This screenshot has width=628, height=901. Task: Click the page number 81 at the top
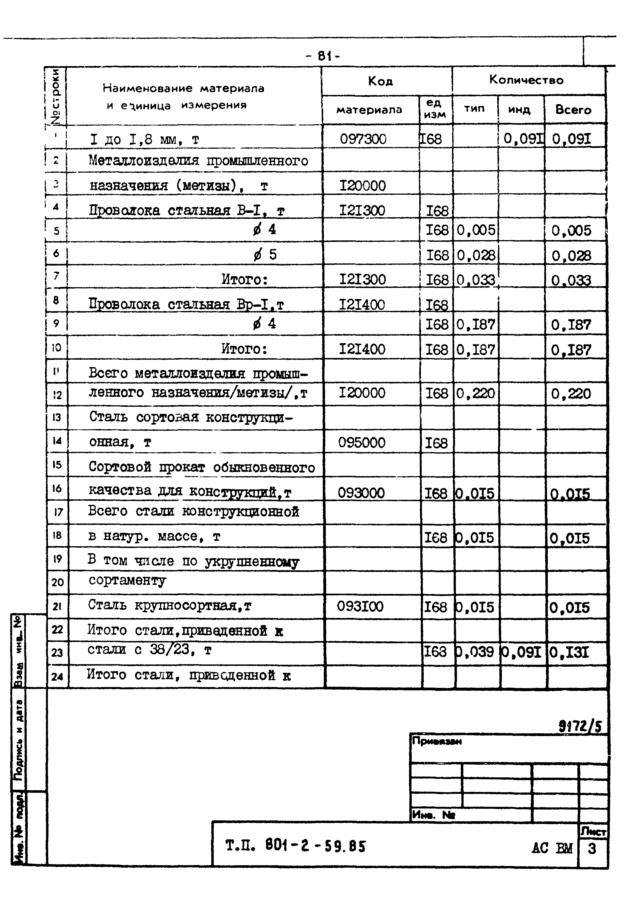[x=322, y=56]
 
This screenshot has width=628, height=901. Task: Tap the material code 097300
[x=363, y=139]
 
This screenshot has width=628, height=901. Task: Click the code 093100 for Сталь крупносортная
[x=360, y=606]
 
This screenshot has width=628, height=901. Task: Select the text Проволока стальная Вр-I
[x=186, y=305]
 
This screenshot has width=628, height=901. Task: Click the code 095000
[x=361, y=443]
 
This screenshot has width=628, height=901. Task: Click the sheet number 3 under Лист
[x=592, y=848]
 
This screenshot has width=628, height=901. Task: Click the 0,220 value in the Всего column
[x=571, y=393]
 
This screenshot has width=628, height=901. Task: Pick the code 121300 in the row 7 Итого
[x=362, y=280]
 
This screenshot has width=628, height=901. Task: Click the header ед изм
[x=434, y=109]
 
